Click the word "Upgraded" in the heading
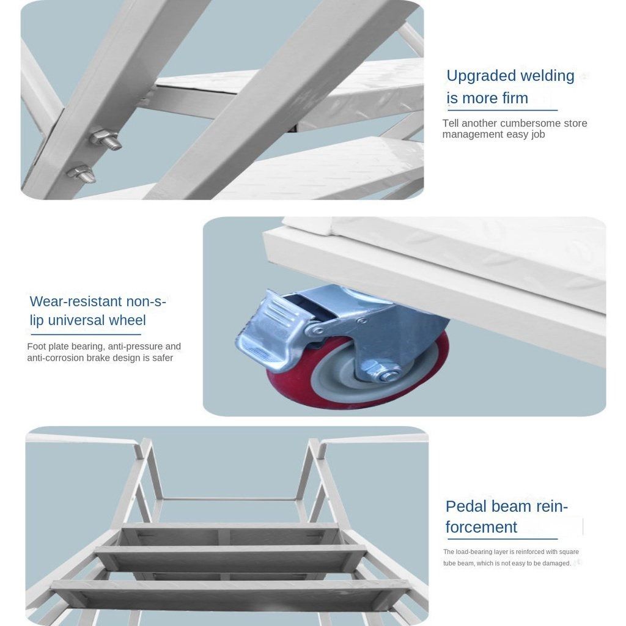476,76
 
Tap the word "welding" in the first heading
542,75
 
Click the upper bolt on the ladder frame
105,139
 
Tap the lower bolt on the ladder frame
81,173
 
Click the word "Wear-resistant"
76,301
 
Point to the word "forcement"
481,527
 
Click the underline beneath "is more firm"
503,110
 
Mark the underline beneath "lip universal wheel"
86,334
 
